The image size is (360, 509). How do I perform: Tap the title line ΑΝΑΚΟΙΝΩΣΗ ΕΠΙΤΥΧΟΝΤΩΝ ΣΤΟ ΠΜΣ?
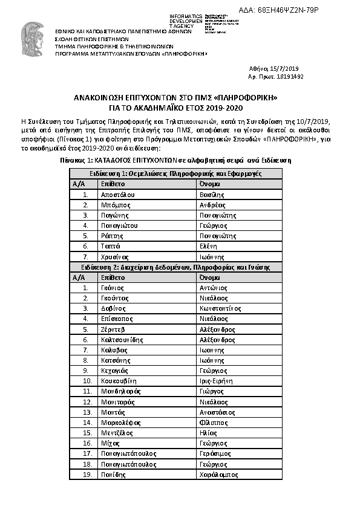pyautogui.click(x=175, y=97)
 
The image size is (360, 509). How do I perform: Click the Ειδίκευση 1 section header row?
pyautogui.click(x=175, y=173)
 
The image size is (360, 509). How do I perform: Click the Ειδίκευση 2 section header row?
pyautogui.click(x=175, y=267)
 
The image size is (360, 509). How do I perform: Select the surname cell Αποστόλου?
pyautogui.click(x=118, y=195)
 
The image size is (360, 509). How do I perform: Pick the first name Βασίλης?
pyautogui.click(x=212, y=195)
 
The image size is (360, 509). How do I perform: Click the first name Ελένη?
pyautogui.click(x=209, y=246)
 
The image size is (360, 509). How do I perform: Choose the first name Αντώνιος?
pyautogui.click(x=214, y=288)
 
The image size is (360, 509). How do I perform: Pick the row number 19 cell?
pyautogui.click(x=87, y=475)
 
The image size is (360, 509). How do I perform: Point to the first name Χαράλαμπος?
pyautogui.click(x=217, y=475)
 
